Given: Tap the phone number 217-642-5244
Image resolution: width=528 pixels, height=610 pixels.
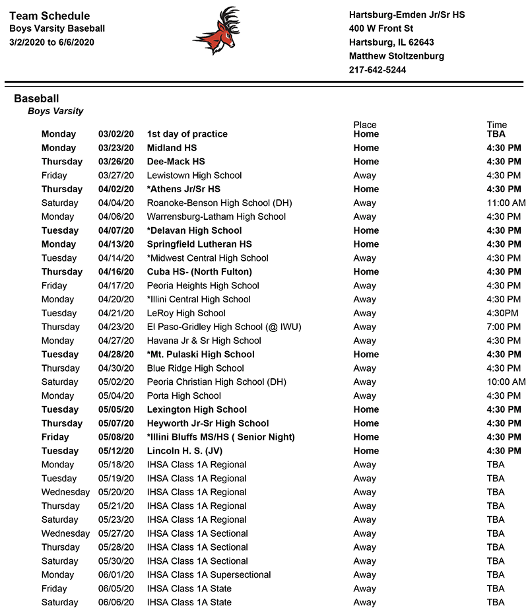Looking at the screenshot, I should pos(378,70).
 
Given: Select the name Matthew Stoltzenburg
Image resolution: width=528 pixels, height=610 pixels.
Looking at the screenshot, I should pos(396,56).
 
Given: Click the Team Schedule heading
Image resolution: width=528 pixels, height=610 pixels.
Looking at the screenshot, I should pos(49,16).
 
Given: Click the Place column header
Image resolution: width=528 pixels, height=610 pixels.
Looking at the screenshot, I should pos(365,125).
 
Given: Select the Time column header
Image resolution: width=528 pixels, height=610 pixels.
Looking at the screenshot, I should pos(496,125).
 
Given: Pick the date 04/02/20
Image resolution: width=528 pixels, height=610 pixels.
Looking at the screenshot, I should pos(116,189).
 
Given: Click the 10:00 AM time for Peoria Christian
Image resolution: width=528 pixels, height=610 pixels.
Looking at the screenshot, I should pos(506,382).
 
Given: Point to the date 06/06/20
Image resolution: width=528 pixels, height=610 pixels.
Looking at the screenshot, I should pos(116,602).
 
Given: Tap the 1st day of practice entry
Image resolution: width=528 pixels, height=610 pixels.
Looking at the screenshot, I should pos(187,134).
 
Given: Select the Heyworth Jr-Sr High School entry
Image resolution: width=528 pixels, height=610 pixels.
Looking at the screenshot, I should pos(208,423).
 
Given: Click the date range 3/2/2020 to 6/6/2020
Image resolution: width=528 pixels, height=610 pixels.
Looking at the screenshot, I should pos(52,42).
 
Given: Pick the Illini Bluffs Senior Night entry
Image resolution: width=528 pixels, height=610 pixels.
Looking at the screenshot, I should pos(221,437).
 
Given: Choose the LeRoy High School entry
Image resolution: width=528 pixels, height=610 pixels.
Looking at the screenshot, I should pos(186,314).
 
